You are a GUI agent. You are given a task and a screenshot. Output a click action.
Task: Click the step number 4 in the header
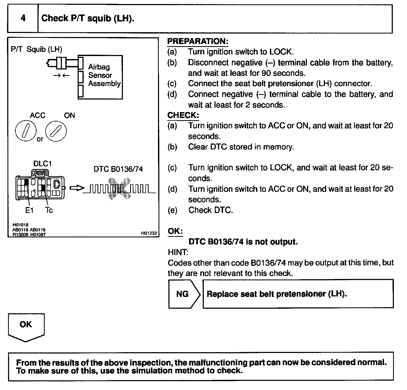coord(23,18)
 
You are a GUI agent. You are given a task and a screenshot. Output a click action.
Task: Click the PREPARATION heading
coord(198,41)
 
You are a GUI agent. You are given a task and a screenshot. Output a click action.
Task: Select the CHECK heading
coord(183,115)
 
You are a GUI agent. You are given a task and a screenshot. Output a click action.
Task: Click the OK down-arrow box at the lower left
coord(26,326)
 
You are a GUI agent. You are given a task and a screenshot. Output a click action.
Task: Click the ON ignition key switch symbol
coord(56,131)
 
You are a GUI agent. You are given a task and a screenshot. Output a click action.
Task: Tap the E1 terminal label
coord(29,210)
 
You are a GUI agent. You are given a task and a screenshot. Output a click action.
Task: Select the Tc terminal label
coord(49,210)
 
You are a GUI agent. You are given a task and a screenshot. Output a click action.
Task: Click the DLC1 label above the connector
coord(42,164)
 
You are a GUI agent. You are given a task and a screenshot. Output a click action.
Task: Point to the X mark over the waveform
coord(119,189)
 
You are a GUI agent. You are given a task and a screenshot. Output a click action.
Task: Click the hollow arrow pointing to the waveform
coord(76,188)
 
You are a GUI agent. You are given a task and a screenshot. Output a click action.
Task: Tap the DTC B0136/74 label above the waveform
coord(118,169)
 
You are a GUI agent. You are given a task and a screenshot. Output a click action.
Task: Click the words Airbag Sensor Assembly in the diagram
coord(104,75)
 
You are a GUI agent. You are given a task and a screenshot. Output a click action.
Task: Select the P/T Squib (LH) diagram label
coord(36,49)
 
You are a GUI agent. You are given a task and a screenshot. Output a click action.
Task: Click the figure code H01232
coord(149,233)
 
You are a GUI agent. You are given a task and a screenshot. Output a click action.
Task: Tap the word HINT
coord(178,252)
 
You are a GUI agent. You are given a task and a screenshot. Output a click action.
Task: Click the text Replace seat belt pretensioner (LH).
coord(277,294)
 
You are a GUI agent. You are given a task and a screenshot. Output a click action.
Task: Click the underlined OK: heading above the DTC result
coord(175,231)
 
